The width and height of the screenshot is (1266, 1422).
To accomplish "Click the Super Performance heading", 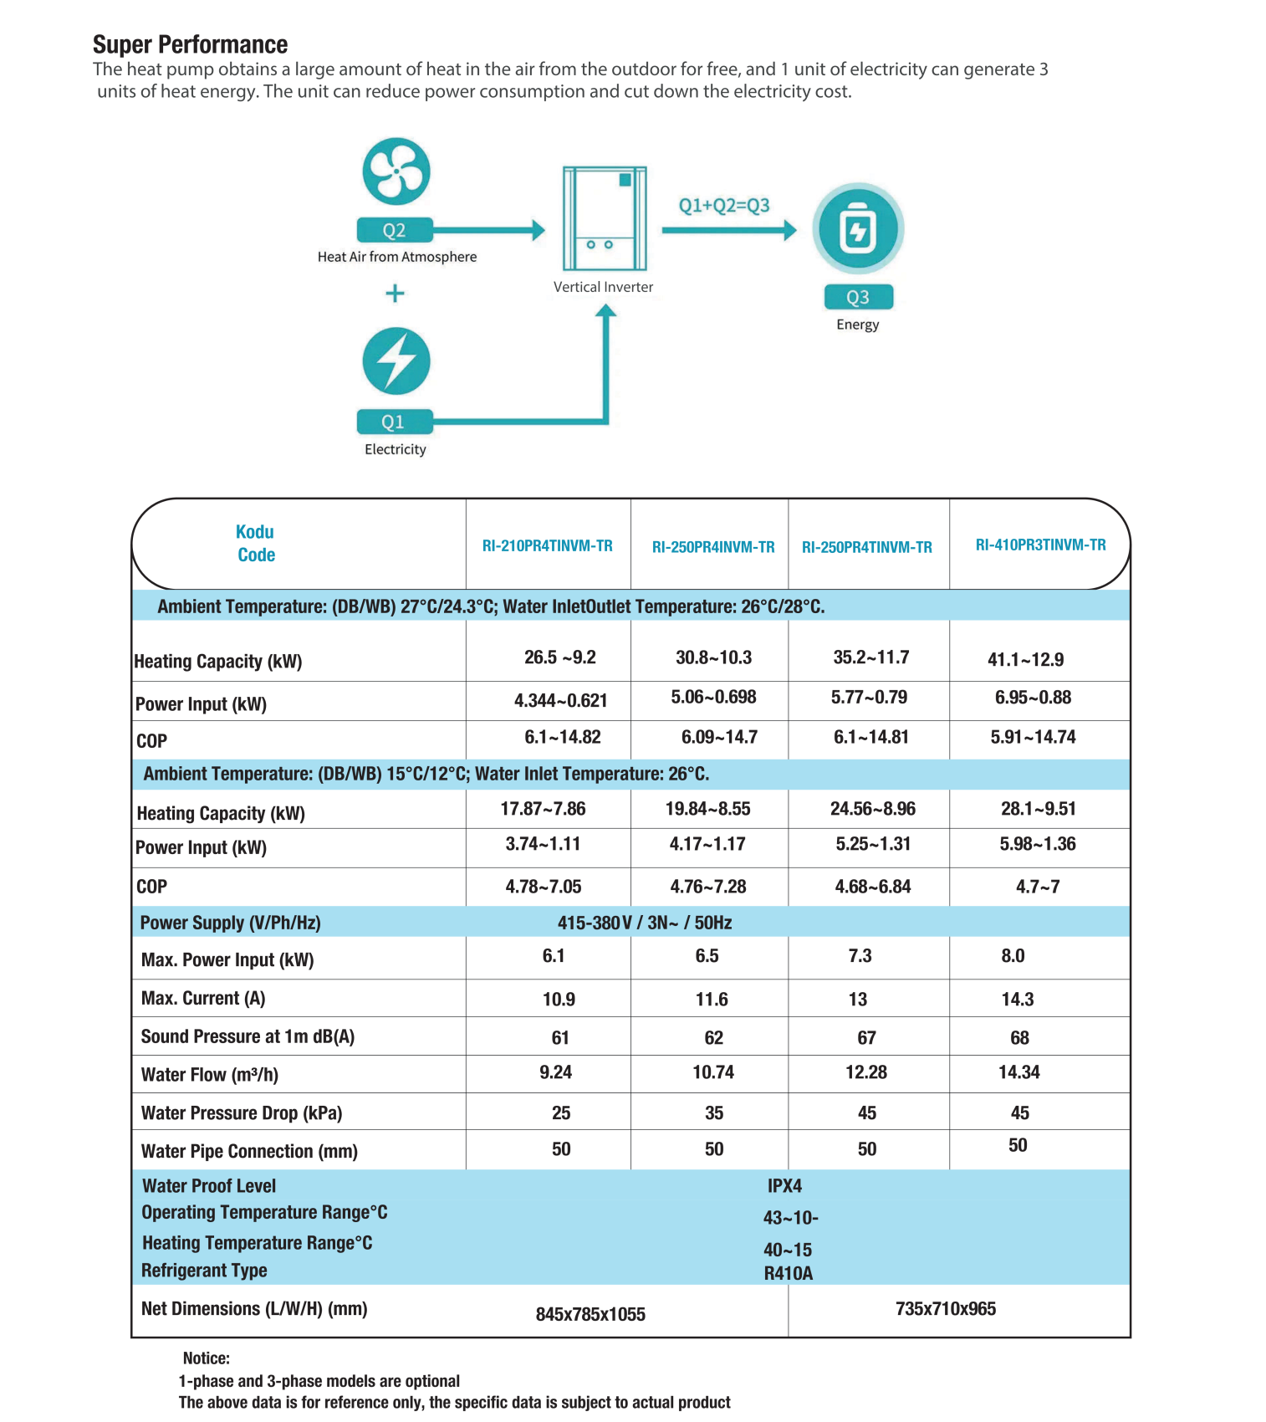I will click(190, 44).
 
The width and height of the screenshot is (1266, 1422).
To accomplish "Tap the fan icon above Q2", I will click(396, 171).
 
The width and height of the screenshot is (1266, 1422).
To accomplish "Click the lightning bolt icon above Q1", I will click(396, 361).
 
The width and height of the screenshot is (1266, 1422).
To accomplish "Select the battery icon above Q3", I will click(858, 229).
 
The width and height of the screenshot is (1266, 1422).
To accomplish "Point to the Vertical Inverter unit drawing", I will click(605, 218).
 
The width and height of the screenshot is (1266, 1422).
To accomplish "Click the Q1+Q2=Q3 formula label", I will click(724, 205).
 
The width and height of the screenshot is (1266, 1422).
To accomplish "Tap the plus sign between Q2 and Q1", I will click(395, 294).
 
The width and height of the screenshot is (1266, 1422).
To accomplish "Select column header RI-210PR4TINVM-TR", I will click(547, 546).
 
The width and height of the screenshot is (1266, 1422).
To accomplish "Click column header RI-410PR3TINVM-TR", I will click(1040, 545).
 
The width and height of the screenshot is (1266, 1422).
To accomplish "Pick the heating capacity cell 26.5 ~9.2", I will click(559, 657).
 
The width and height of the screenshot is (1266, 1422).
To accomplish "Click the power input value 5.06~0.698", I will click(713, 697).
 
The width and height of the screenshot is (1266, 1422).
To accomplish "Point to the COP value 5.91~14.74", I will click(1033, 737).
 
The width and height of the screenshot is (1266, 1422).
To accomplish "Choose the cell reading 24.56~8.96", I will click(872, 809).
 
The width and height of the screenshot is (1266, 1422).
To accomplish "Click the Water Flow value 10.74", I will click(713, 1072).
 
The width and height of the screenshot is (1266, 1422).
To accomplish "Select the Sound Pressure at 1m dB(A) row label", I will click(248, 1037).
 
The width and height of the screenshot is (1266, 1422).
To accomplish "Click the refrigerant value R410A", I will click(788, 1274).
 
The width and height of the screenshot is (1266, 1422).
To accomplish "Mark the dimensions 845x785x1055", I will click(590, 1314).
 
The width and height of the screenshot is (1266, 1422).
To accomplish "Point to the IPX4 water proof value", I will click(784, 1186).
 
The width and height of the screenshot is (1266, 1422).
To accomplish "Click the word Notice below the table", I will click(206, 1358).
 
